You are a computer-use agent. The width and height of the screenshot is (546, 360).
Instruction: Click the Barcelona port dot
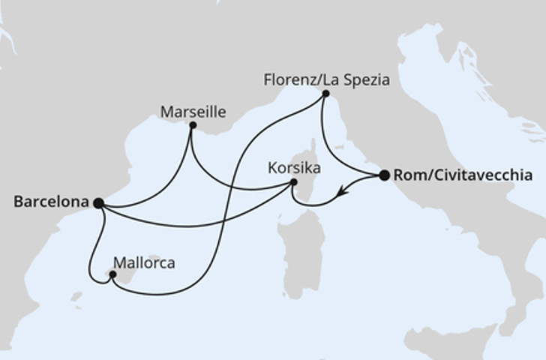point(98,202)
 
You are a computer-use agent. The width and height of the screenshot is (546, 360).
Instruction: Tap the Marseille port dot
point(193,125)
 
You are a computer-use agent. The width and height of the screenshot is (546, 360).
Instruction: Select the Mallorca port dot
point(112,274)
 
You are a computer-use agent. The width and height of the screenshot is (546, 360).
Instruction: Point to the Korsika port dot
point(294,182)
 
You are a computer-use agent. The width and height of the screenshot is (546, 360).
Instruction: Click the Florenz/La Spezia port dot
point(325,94)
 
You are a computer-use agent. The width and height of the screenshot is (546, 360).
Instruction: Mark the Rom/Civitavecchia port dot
point(384,175)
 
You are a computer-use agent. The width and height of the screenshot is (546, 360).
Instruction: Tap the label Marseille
point(193,112)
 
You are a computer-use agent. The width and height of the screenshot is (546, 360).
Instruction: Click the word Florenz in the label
point(288,79)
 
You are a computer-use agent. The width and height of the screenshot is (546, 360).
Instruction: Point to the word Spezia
point(368,79)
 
